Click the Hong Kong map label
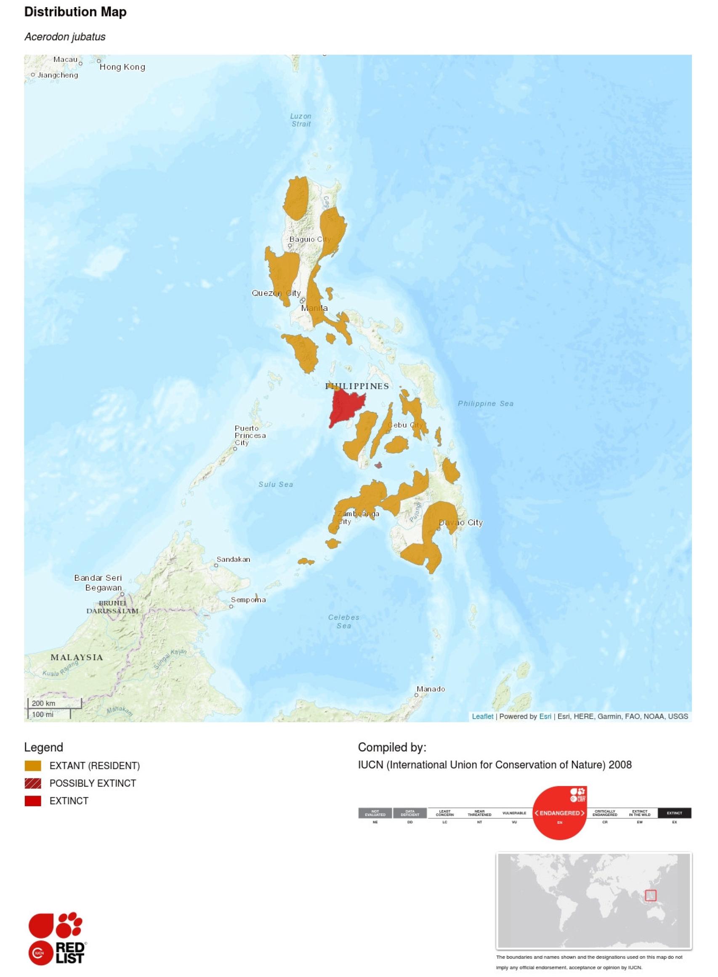click(x=122, y=67)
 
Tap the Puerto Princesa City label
click(x=250, y=435)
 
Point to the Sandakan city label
click(x=234, y=559)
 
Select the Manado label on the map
click(x=430, y=688)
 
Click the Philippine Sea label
click(x=486, y=404)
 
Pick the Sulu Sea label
click(x=276, y=484)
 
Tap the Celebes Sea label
click(x=343, y=621)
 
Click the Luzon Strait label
click(x=301, y=120)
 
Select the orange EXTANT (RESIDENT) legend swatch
click(x=33, y=765)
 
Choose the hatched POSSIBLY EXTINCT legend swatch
click(x=33, y=783)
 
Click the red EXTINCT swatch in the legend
click(x=33, y=801)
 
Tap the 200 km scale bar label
click(x=43, y=704)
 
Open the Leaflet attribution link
click(x=482, y=717)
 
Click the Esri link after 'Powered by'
click(x=545, y=717)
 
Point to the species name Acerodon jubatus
click(x=65, y=37)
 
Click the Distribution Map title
click(x=75, y=12)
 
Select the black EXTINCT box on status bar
click(x=674, y=813)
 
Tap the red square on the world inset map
click(x=650, y=895)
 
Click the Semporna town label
click(x=248, y=600)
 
